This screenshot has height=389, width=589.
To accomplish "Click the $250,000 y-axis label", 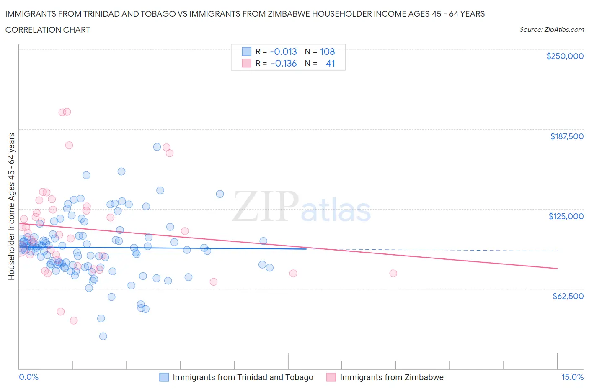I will (x=565, y=56).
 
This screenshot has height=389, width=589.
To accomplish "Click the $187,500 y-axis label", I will (x=567, y=136).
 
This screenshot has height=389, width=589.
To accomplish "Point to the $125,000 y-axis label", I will (x=566, y=216).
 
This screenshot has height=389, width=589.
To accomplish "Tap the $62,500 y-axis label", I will (x=568, y=296).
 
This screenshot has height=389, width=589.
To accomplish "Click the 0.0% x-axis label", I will (x=28, y=377).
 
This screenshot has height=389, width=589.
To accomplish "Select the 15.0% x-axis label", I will (x=572, y=377).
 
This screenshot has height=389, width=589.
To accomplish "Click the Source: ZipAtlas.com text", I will (x=551, y=30).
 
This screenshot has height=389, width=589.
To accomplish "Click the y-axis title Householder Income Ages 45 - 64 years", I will (x=12, y=206).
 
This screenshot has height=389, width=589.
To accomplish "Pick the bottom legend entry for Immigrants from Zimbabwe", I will (x=391, y=377).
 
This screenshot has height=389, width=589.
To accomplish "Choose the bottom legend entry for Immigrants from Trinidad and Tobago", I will (x=243, y=377).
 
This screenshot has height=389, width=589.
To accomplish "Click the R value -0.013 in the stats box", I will (x=283, y=51).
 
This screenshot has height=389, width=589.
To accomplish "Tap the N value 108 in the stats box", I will (x=328, y=51).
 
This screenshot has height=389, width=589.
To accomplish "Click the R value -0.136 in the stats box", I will (x=284, y=63).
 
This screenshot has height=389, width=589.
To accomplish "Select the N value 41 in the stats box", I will (x=330, y=63).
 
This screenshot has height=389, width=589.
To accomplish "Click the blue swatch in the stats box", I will (x=246, y=51).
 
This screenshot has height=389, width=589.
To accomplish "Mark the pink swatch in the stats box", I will (x=246, y=63).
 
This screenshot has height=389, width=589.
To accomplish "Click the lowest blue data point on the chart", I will (x=103, y=336).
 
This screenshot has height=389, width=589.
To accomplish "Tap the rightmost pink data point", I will (x=393, y=273).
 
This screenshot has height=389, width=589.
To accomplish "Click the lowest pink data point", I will (x=74, y=320).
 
